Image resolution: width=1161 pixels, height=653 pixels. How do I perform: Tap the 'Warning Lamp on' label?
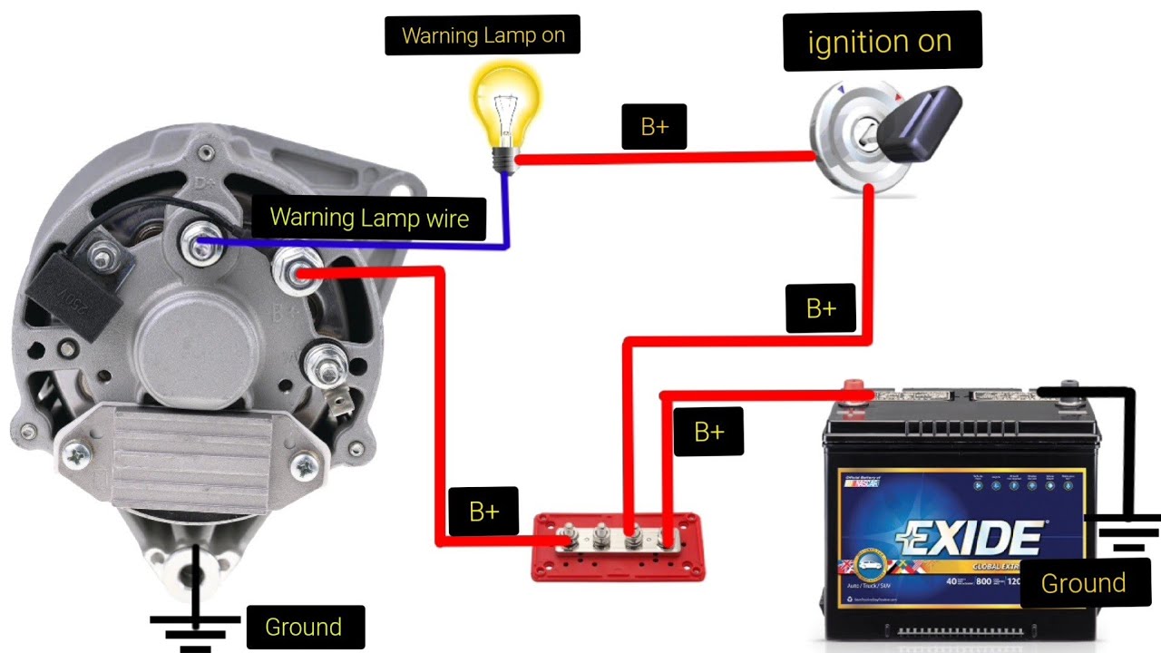coord(483,35)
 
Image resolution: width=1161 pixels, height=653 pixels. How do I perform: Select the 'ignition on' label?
coord(880,41)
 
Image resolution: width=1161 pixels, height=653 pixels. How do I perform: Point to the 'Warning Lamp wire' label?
coord(369,218)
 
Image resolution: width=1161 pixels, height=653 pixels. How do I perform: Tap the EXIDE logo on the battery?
coord(969,538)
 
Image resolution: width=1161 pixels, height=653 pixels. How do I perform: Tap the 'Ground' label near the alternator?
coord(303,628)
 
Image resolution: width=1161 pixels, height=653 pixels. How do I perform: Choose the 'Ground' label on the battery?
coord(1083,583)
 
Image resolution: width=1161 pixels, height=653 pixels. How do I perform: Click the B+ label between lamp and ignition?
coord(654,127)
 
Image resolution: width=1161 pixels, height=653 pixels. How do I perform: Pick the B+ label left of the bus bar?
coord(484,512)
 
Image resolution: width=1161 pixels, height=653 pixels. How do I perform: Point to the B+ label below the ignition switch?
coord(821,308)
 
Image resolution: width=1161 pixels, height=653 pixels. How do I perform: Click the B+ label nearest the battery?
coord(708,432)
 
